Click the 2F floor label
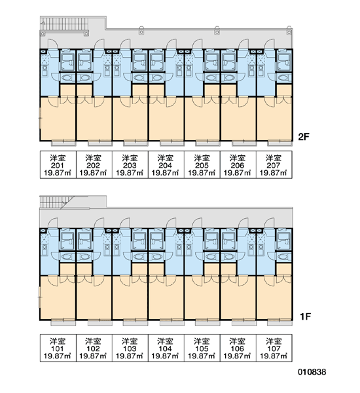[x=304, y=137]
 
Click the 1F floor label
[x=305, y=316]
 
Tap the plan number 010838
[x=312, y=372]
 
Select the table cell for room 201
[x=58, y=164]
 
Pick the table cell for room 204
[x=166, y=164]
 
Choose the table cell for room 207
[x=274, y=164]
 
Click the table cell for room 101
[x=58, y=348]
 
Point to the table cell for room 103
[x=130, y=348]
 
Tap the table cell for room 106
[x=238, y=348]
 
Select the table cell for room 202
[x=94, y=164]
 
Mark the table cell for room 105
[x=202, y=348]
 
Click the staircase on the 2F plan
[x=64, y=24]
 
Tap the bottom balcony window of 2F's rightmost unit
[x=279, y=143]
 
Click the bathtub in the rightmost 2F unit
[x=284, y=62]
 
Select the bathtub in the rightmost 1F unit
[x=284, y=241]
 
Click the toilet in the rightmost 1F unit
[x=283, y=257]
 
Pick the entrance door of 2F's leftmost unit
[x=52, y=44]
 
